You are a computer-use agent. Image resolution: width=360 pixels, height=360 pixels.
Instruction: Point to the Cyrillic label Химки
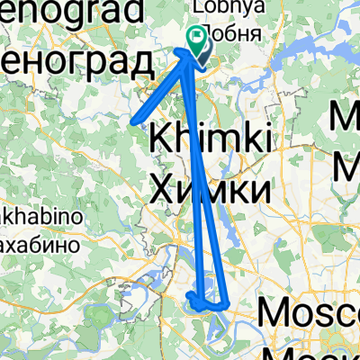coord(209,189)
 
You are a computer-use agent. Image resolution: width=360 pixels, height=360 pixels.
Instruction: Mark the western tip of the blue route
coord(132,119)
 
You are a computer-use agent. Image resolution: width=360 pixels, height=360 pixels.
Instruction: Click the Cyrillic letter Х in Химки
coord(160,189)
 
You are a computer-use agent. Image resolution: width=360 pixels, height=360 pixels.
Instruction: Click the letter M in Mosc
coord(274,314)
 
